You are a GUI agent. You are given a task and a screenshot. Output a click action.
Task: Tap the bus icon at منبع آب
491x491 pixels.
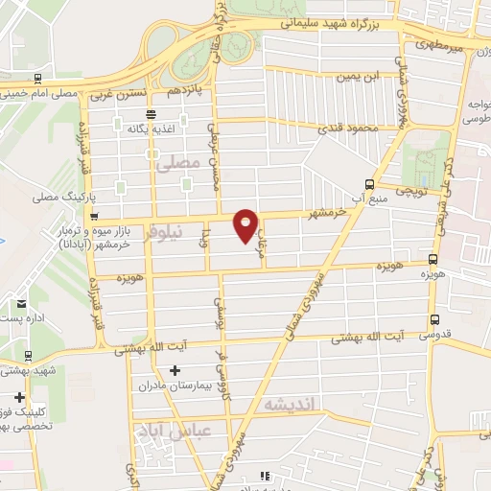369,185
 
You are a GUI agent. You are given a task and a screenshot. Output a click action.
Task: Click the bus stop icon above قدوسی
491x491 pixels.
434,320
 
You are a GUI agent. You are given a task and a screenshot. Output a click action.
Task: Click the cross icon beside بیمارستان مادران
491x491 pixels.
175,370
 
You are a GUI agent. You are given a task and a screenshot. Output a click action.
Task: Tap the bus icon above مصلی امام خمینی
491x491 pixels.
36,79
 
